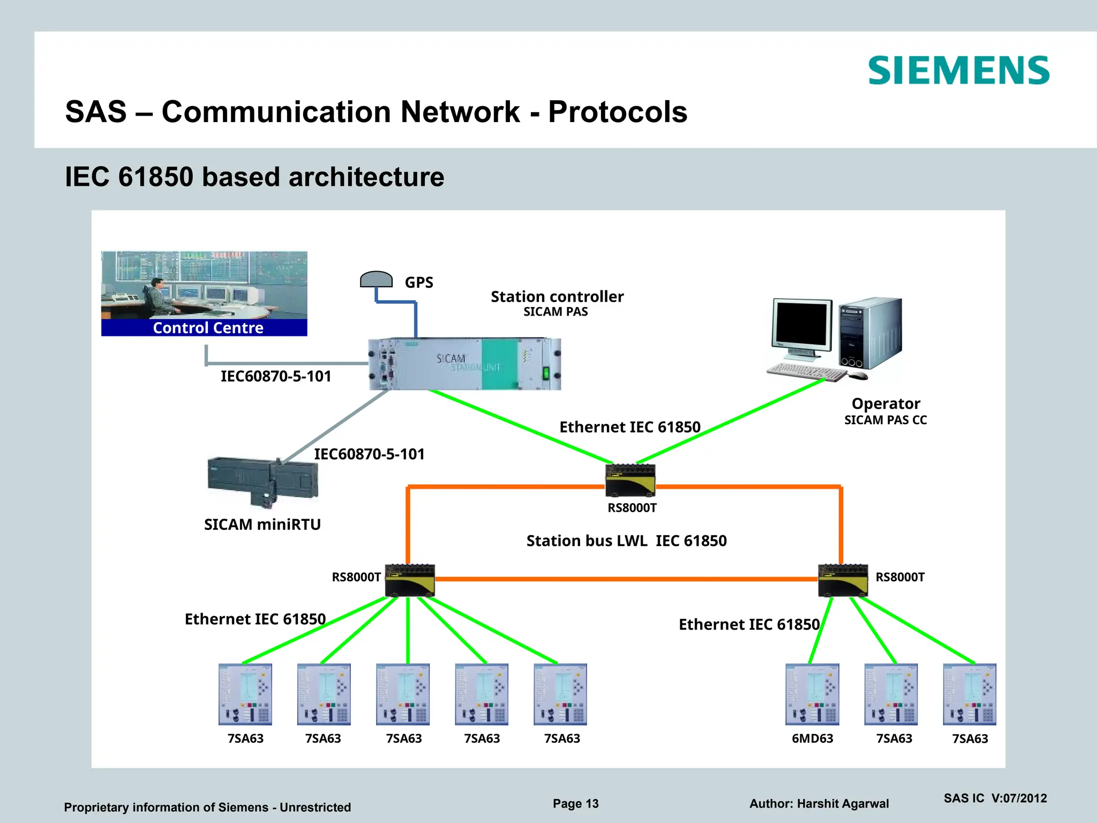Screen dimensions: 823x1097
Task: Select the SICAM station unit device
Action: pos(464,364)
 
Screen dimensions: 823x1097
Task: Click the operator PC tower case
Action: pos(870,333)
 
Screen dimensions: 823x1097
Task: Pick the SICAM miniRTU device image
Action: pos(262,480)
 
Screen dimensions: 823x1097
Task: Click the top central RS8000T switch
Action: pos(630,480)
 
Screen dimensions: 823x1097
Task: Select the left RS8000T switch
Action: pos(410,580)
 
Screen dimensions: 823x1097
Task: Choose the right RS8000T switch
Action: pos(843,580)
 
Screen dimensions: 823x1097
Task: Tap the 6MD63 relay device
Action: pos(812,694)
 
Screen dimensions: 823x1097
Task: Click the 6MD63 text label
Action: pos(812,738)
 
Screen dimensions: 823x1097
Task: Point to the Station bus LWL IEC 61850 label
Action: pos(626,541)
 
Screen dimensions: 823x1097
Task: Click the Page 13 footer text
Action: pos(575,803)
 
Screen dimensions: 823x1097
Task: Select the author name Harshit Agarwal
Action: pos(843,804)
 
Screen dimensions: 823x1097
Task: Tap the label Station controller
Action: pos(557,296)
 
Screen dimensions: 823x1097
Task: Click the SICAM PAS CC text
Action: pos(885,420)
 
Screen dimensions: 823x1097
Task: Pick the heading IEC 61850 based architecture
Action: pos(254,177)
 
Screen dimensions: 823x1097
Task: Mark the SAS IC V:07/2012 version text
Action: pos(995,798)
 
